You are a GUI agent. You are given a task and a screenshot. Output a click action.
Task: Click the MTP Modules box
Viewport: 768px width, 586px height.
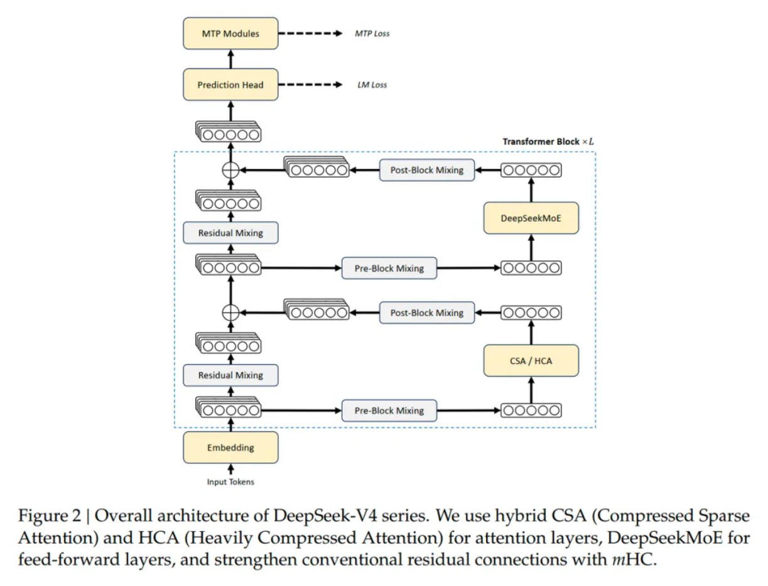(230, 33)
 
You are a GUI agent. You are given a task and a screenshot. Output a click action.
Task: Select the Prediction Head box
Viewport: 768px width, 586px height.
(230, 85)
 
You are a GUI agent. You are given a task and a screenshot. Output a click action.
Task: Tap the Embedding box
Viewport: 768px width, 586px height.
(230, 447)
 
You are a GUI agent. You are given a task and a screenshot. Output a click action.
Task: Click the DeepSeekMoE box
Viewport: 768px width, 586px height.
(531, 218)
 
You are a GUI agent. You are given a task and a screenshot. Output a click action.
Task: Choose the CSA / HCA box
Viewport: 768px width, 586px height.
(531, 360)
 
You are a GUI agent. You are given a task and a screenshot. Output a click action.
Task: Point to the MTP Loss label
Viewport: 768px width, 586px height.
(372, 33)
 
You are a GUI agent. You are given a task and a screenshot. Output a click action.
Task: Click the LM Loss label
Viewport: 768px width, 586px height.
(372, 85)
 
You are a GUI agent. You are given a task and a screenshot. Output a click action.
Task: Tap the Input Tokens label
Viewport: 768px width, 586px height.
(230, 482)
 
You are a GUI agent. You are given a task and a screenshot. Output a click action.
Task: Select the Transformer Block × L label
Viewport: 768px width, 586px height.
(548, 141)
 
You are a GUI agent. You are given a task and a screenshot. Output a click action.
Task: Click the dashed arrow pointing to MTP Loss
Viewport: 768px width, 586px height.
(310, 33)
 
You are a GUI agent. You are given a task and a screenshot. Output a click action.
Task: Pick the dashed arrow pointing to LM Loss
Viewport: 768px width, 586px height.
(310, 85)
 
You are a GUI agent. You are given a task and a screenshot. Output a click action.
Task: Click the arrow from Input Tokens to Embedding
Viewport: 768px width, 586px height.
(230, 469)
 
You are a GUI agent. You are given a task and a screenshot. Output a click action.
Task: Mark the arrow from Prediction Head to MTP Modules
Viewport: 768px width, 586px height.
(230, 59)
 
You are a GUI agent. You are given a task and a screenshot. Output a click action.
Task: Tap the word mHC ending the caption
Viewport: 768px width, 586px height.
(632, 559)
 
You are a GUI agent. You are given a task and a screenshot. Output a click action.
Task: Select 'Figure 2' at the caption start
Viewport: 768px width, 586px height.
(50, 516)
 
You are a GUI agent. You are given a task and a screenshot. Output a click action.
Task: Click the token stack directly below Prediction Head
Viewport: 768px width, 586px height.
(228, 131)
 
